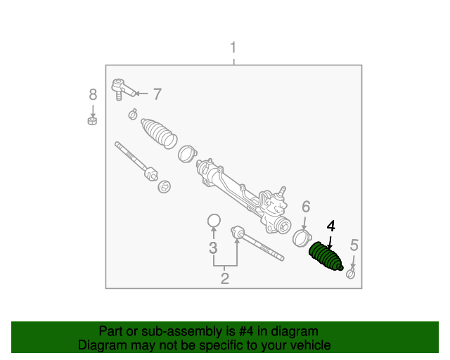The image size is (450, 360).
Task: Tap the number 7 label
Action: pyautogui.click(x=157, y=94)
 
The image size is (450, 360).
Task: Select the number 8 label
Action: pyautogui.click(x=92, y=94)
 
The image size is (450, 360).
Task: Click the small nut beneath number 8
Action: pyautogui.click(x=91, y=120)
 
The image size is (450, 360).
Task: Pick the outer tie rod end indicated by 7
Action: pyautogui.click(x=121, y=89)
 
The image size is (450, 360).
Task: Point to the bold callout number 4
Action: pyautogui.click(x=331, y=226)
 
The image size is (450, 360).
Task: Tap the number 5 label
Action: pyautogui.click(x=354, y=245)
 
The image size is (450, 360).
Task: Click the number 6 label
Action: pyautogui.click(x=306, y=207)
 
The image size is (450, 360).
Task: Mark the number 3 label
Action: pyautogui.click(x=213, y=247)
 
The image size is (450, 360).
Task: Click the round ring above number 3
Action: pyautogui.click(x=214, y=221)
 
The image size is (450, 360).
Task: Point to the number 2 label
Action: pyautogui.click(x=225, y=278)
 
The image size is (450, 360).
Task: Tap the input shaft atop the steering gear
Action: pyautogui.click(x=283, y=190)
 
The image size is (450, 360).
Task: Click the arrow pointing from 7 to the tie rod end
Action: pyautogui.click(x=141, y=93)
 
